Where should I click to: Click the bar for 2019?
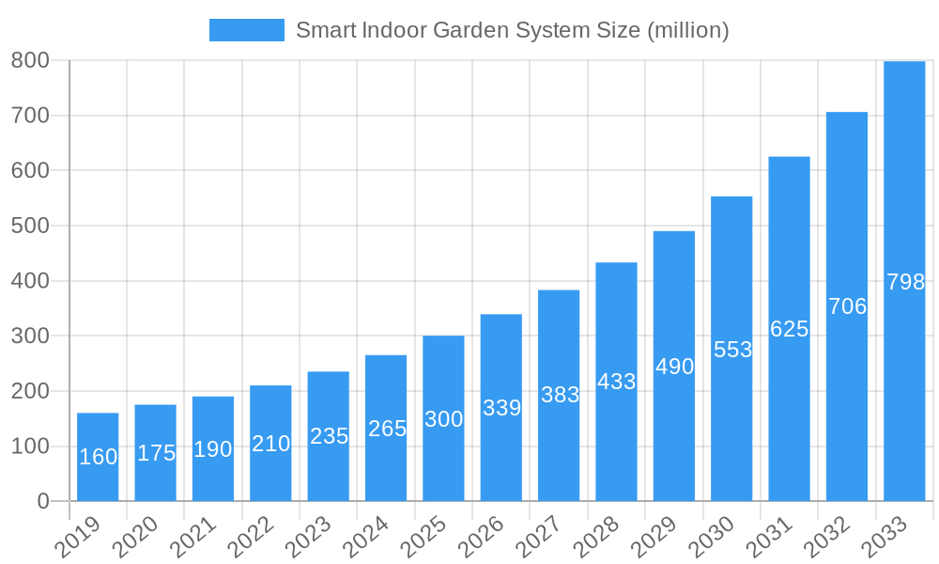click(x=98, y=457)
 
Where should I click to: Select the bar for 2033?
click(x=904, y=282)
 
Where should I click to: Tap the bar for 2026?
click(x=500, y=407)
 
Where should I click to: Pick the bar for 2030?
click(x=731, y=349)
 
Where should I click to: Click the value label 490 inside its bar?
click(x=674, y=367)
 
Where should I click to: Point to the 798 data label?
click(x=905, y=282)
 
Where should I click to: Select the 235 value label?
click(x=329, y=436)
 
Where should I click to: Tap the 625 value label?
click(x=789, y=329)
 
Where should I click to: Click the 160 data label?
click(x=98, y=457)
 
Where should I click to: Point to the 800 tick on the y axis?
click(x=30, y=60)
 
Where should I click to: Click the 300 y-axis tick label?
click(x=30, y=336)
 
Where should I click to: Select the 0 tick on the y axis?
click(x=43, y=501)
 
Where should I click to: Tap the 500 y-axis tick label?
click(x=30, y=226)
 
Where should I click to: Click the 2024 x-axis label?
click(x=362, y=539)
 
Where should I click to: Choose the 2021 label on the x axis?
click(x=190, y=539)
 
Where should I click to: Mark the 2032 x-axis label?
click(x=824, y=539)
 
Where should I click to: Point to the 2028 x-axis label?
click(x=593, y=539)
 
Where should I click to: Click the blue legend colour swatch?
click(x=246, y=30)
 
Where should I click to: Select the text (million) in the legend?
click(x=688, y=30)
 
